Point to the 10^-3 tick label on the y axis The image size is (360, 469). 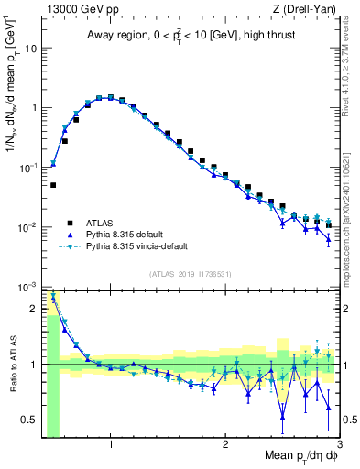pos(28,287)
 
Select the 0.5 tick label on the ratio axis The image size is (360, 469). pos(30,420)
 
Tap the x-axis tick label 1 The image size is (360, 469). pos(111,446)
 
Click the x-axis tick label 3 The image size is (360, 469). pos(338,446)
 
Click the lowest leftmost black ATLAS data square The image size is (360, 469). pos(53,185)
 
